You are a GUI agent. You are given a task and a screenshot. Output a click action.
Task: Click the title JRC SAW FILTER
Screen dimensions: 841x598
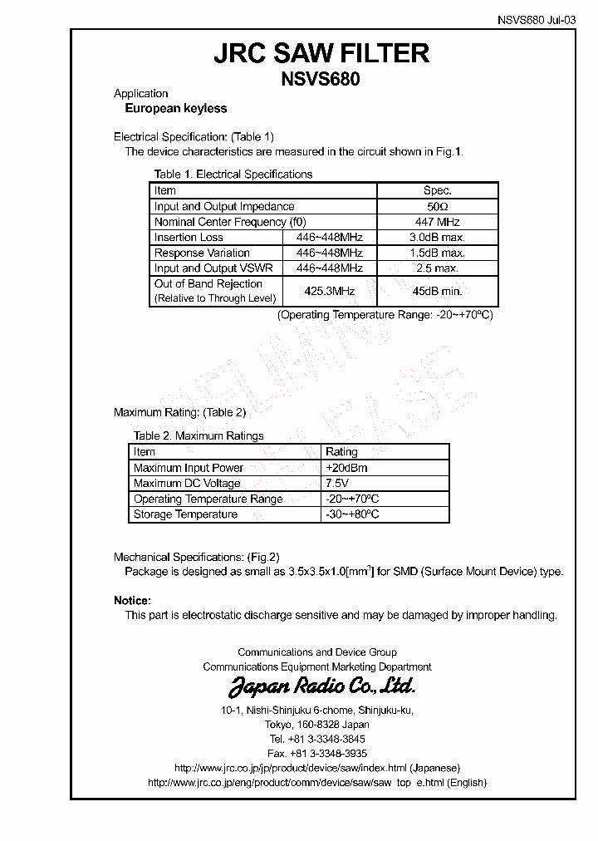pyautogui.click(x=321, y=54)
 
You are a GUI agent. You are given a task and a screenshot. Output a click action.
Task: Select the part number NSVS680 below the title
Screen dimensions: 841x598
pyautogui.click(x=321, y=80)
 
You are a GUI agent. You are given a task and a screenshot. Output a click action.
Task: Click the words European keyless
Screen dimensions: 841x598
pyautogui.click(x=175, y=109)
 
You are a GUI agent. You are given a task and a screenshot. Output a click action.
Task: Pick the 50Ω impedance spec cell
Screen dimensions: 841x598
pyautogui.click(x=438, y=206)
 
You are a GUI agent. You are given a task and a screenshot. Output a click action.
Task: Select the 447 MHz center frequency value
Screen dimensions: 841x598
pyautogui.click(x=438, y=222)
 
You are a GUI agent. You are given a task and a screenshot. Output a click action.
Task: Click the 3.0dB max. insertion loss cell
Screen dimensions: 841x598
pyautogui.click(x=438, y=238)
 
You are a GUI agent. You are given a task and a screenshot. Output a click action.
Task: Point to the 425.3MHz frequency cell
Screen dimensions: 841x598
pyautogui.click(x=330, y=291)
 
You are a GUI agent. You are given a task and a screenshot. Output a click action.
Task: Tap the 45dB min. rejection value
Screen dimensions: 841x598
pyautogui.click(x=438, y=291)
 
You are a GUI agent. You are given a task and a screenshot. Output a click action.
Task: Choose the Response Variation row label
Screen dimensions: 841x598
pyautogui.click(x=202, y=253)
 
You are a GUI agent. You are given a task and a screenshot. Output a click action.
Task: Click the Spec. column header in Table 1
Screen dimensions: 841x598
pyautogui.click(x=438, y=190)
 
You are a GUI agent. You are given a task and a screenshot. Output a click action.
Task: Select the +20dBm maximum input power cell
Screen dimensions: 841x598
pyautogui.click(x=346, y=468)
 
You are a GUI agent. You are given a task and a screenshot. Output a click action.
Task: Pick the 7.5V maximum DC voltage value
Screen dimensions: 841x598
pyautogui.click(x=336, y=484)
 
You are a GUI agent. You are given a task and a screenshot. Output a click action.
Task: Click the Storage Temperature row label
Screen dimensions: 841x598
pyautogui.click(x=185, y=515)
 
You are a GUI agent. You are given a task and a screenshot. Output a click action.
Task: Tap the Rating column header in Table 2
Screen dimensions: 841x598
pyautogui.click(x=341, y=452)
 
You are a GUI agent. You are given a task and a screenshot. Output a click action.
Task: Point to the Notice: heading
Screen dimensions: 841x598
pyautogui.click(x=132, y=600)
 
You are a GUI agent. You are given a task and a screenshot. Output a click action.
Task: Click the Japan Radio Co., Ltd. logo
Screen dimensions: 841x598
pyautogui.click(x=321, y=686)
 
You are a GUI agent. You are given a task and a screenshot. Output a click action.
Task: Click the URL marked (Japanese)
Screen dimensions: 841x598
pyautogui.click(x=317, y=768)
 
